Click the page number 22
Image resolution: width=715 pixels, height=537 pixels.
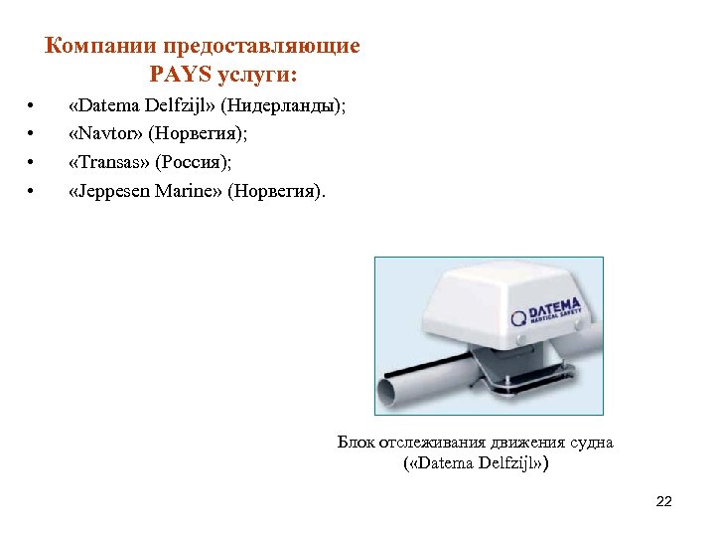coord(664,501)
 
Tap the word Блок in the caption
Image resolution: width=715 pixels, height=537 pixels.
coord(356,443)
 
